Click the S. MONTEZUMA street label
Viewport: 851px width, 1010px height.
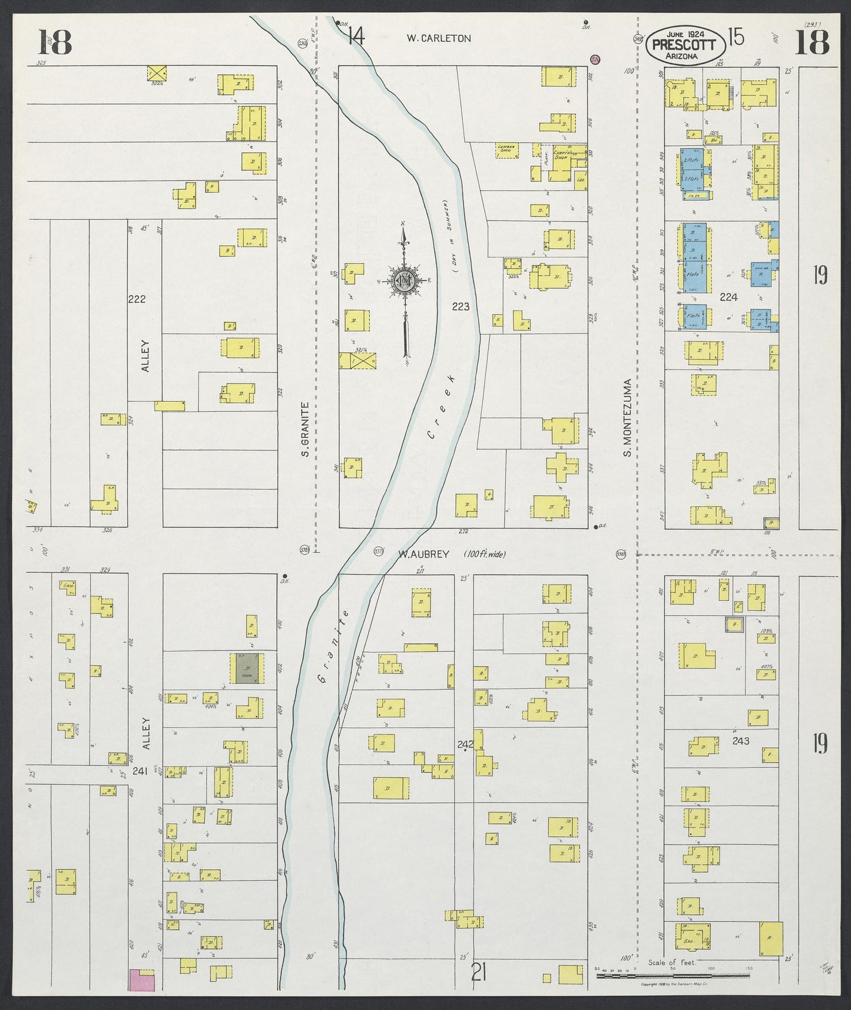628,417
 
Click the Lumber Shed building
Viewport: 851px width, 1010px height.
506,150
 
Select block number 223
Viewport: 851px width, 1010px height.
461,306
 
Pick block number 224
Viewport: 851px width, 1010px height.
729,297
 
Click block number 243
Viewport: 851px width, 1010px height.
740,741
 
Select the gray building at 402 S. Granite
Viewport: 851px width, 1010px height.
247,668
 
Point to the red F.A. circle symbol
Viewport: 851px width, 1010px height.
595,59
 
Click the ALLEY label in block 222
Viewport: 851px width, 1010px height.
145,355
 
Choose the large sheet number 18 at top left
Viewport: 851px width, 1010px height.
55,42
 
